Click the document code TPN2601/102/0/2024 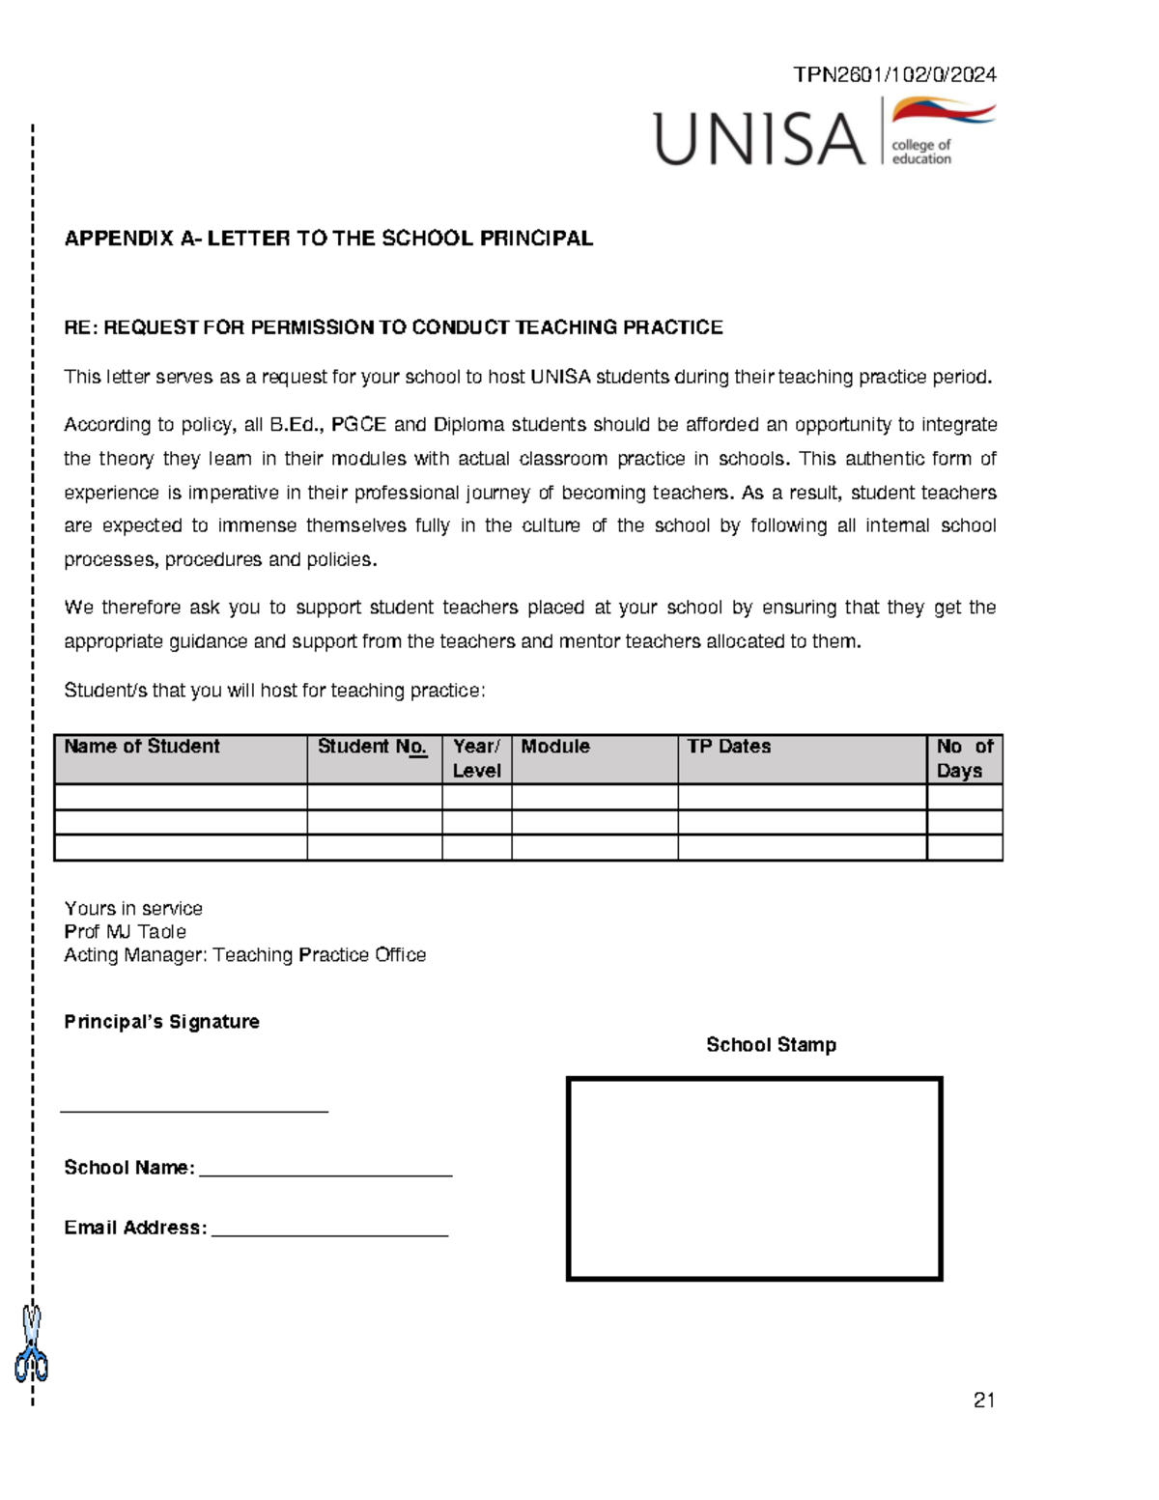[894, 75]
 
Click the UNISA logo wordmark [759, 139]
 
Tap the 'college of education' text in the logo [921, 153]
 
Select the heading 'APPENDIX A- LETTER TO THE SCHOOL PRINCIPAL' [328, 239]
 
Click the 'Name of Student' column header [142, 747]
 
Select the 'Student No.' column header [372, 747]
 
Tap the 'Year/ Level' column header [476, 758]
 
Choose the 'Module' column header [555, 747]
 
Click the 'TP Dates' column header [729, 747]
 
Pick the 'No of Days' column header [964, 758]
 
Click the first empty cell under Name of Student [181, 797]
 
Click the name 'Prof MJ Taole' [125, 932]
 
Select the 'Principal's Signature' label [161, 1022]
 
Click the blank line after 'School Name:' [325, 1171]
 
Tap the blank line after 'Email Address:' [329, 1231]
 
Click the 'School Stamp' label [771, 1045]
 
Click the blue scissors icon [32, 1344]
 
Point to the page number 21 [984, 1401]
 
